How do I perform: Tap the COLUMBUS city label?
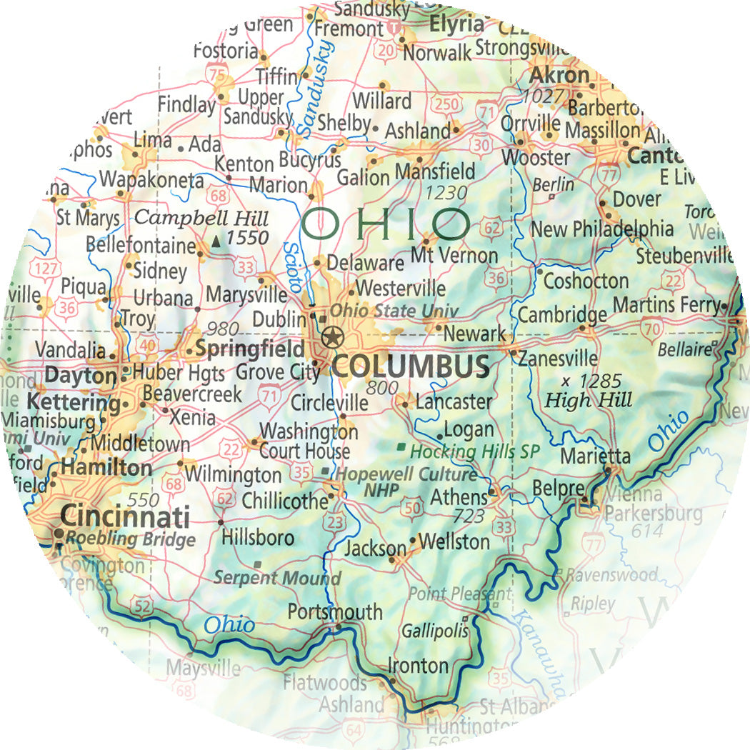(411, 366)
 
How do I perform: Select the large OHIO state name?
(386, 224)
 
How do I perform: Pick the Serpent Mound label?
(278, 578)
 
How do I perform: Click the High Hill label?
(589, 400)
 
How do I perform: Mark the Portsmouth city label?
(335, 612)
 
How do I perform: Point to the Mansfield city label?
(434, 172)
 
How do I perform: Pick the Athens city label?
(458, 496)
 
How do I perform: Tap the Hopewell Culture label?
(406, 474)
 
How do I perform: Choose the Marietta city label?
(595, 456)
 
